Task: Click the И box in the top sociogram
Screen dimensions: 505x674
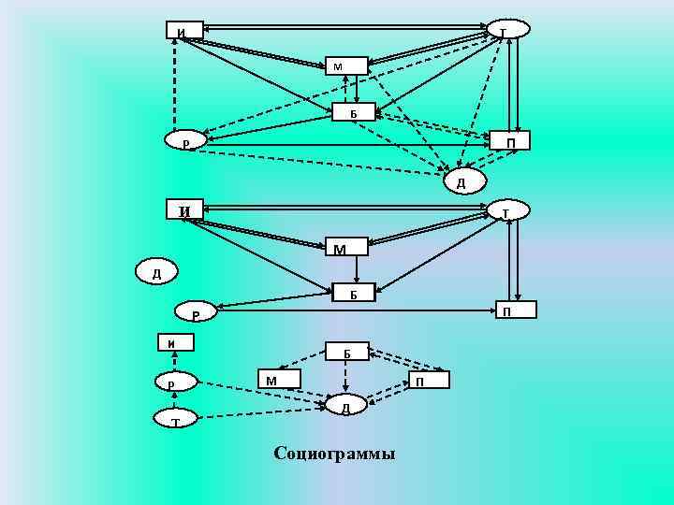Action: (x=183, y=30)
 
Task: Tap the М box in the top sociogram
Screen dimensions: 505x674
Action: (x=347, y=65)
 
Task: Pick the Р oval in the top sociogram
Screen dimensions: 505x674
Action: (x=185, y=142)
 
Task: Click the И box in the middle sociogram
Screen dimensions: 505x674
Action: (x=186, y=210)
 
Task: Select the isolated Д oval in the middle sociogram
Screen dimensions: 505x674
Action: (x=156, y=274)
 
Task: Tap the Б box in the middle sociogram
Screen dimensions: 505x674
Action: (x=354, y=293)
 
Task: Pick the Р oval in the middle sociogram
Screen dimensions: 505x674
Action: (x=195, y=314)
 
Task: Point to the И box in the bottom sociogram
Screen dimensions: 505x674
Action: (x=174, y=342)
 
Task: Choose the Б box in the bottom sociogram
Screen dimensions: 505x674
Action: (x=347, y=353)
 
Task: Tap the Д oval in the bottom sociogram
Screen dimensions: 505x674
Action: (x=345, y=407)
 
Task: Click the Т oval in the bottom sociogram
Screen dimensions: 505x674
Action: (x=175, y=422)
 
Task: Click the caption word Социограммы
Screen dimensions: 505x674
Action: (x=334, y=454)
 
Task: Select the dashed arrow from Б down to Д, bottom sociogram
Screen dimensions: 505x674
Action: (x=346, y=379)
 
